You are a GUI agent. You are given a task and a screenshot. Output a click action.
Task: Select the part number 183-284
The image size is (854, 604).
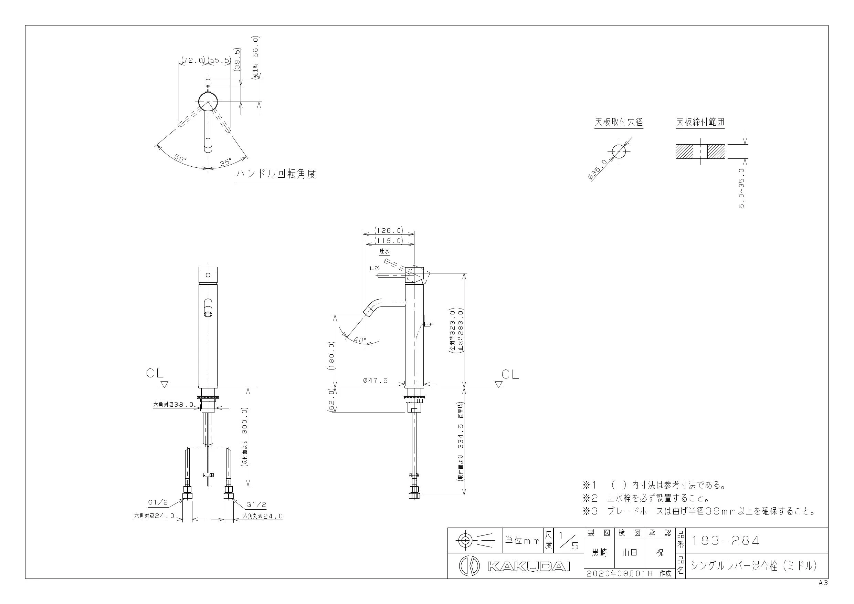point(725,540)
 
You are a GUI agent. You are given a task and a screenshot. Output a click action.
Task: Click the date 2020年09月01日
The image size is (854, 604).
point(620,573)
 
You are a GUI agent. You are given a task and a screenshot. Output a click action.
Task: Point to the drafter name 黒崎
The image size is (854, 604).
point(599,553)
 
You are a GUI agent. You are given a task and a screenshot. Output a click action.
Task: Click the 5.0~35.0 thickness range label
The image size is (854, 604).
point(741,188)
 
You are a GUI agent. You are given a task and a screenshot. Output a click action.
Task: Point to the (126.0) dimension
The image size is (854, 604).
point(389,230)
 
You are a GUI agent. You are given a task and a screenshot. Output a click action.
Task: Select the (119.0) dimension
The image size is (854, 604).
point(389,241)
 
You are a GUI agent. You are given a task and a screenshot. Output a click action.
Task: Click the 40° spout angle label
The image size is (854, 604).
point(360,340)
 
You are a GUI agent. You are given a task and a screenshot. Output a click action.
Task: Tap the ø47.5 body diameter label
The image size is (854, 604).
point(375,380)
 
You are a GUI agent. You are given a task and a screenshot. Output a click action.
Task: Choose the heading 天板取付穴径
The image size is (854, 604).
point(619,122)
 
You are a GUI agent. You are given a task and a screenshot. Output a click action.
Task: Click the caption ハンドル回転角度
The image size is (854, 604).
point(276,174)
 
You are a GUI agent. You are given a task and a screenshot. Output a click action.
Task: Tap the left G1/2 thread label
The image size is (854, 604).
point(158,502)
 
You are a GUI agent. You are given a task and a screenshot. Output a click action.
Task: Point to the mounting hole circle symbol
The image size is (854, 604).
point(619,152)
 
